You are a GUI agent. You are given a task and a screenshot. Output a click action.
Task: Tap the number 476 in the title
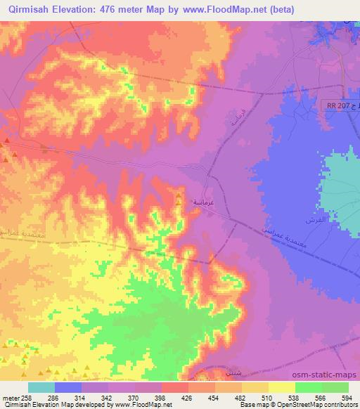click(x=113, y=9)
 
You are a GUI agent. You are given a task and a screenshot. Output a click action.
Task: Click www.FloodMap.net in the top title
click(x=216, y=9)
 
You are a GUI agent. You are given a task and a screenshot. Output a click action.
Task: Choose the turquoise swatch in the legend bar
click(x=41, y=387)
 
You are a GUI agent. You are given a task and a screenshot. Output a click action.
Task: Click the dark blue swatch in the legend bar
click(x=68, y=387)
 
